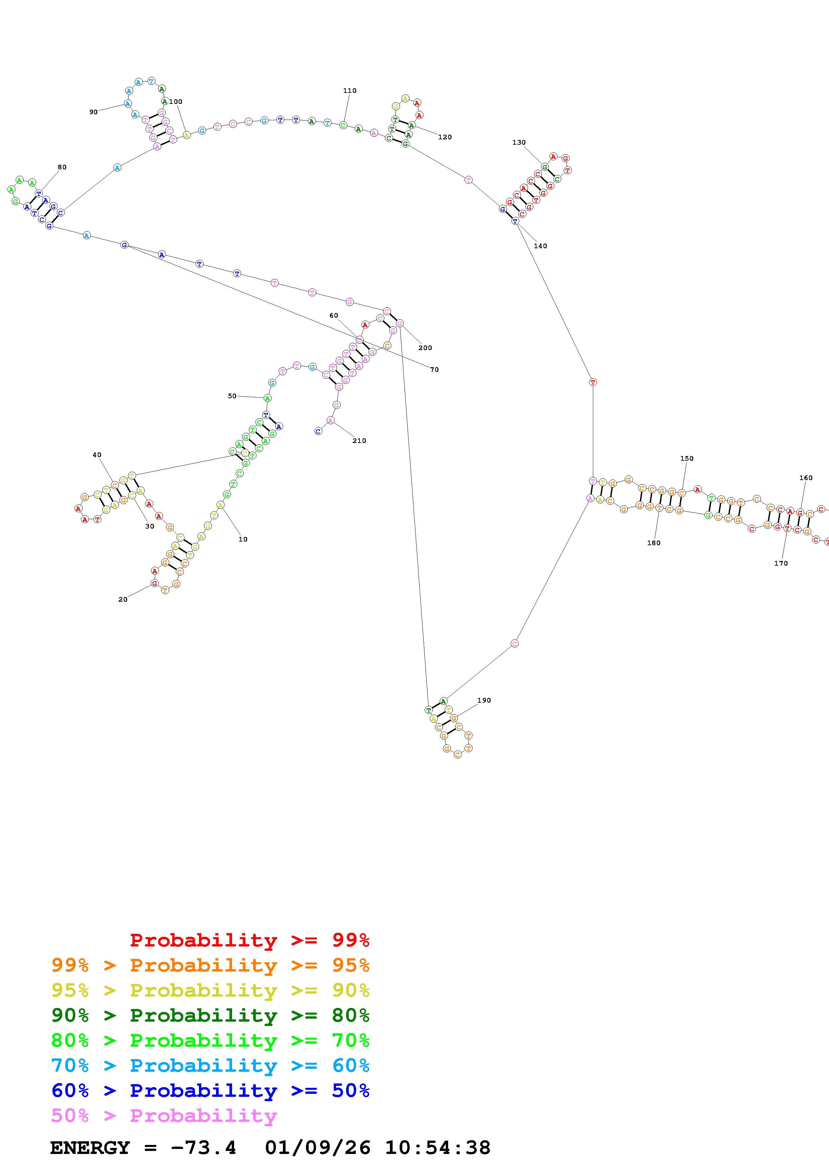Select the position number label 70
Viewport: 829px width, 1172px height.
[434, 370]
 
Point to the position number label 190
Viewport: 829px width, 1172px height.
[484, 700]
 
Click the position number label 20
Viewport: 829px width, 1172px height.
[123, 599]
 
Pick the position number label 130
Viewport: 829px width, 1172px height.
[519, 142]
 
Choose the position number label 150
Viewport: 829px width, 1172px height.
[687, 458]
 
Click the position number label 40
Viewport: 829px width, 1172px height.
[97, 455]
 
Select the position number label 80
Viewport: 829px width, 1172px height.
[62, 167]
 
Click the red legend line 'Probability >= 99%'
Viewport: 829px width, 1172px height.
[249, 940]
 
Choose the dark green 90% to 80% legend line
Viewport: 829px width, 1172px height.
[210, 1015]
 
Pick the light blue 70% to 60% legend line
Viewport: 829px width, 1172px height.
[210, 1066]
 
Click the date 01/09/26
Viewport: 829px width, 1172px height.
[318, 1148]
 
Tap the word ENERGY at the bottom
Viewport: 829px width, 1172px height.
[90, 1148]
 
